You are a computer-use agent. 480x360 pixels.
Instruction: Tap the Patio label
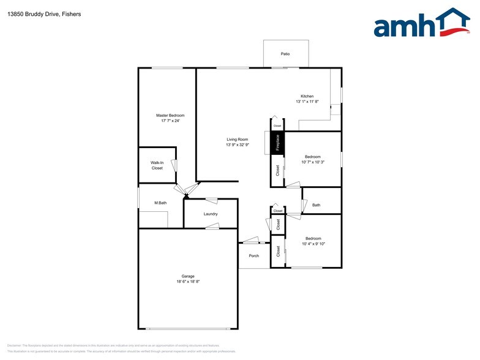pos(285,54)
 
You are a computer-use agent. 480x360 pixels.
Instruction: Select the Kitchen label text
pos(307,96)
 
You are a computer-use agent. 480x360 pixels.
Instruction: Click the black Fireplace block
pos(277,143)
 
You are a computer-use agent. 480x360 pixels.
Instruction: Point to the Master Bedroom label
pos(170,115)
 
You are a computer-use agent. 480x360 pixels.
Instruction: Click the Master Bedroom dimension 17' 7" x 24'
pos(170,121)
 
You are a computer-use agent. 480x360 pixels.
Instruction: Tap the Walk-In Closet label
pos(157,165)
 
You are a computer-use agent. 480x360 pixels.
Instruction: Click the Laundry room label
pos(211,214)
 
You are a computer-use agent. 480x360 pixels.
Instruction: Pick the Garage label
pos(187,276)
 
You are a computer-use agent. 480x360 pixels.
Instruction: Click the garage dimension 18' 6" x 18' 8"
pos(187,282)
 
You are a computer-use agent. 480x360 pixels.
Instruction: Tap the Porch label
pos(253,256)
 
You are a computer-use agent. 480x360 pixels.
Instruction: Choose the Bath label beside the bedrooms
pos(316,205)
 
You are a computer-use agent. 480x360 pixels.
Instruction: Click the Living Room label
pos(237,140)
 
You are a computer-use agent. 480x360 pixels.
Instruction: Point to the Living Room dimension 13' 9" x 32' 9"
pos(237,145)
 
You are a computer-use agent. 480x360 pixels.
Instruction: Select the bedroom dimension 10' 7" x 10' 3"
pos(313,162)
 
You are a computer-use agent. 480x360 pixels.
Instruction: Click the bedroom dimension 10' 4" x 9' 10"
pos(313,244)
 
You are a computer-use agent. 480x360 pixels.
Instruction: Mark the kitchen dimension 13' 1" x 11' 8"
pos(307,102)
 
